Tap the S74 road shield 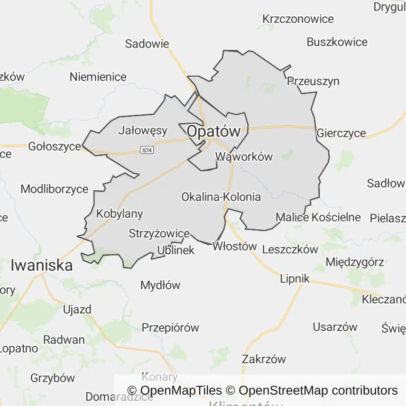coord(147,150)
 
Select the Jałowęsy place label coord(143,130)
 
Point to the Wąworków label coord(244,156)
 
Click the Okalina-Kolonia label coord(221,197)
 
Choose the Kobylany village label coord(119,214)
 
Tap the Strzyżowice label coord(159,233)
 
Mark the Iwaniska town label coord(42,265)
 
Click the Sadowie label coord(147,44)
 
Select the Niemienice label coord(98,77)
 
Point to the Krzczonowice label coord(298,19)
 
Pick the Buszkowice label coord(337,42)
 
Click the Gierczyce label coord(341,133)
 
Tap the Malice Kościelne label coord(318,217)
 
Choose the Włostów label coord(234,246)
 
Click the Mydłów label coord(160,285)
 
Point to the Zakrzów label coord(264,359)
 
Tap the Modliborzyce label coord(54,189)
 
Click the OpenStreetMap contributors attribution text coord(318,391)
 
